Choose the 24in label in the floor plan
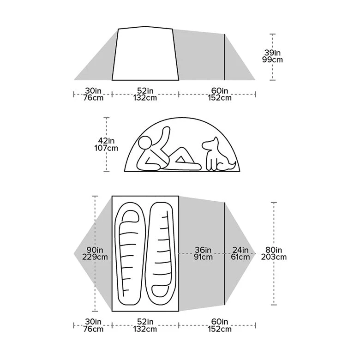(x=240, y=250)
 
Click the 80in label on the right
(x=274, y=250)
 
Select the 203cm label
(x=274, y=257)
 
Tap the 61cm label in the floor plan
(x=240, y=257)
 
